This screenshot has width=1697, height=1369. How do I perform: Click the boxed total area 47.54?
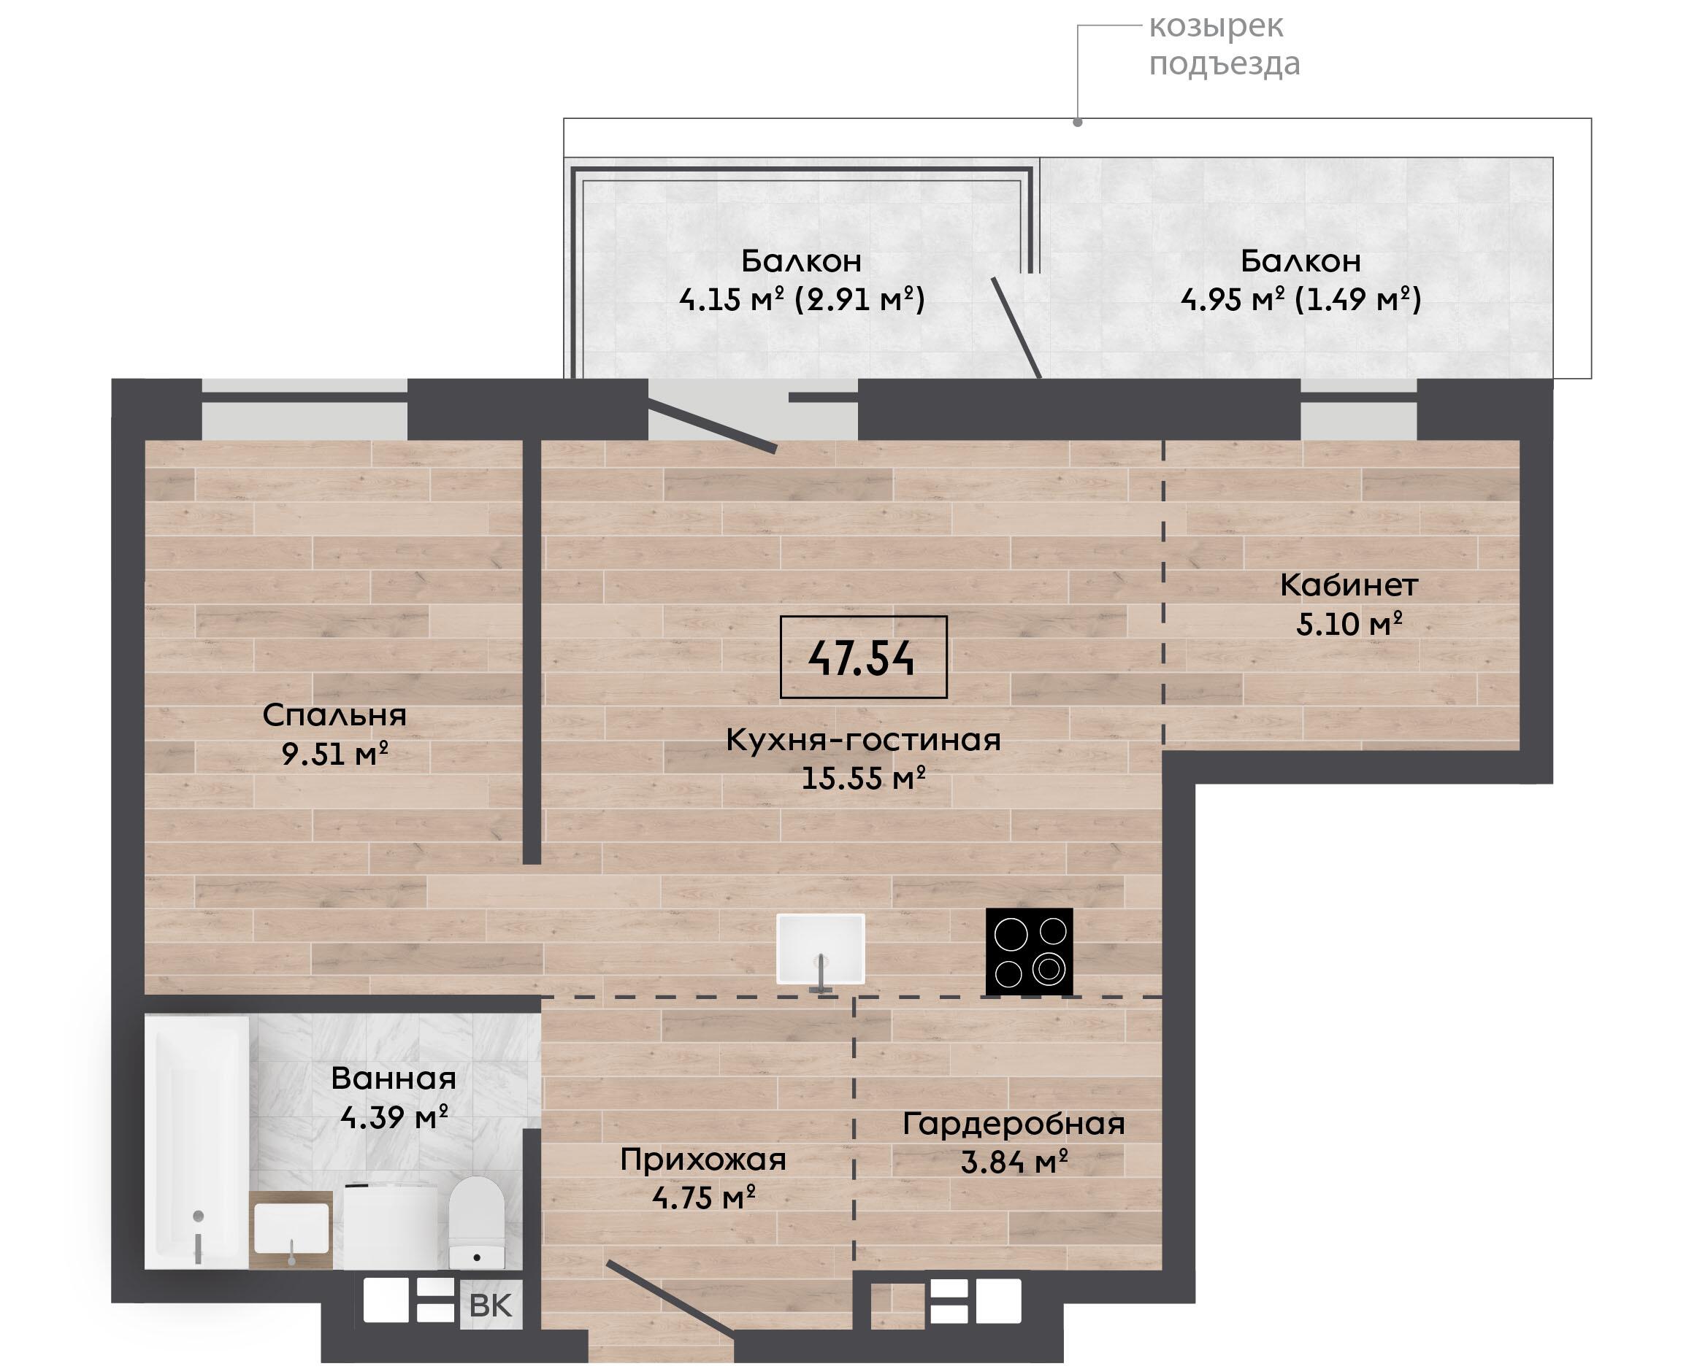click(x=862, y=657)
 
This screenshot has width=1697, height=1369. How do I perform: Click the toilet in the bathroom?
click(x=477, y=1222)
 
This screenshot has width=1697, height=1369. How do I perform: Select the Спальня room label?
click(x=334, y=715)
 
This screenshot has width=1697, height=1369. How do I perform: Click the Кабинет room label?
click(x=1349, y=585)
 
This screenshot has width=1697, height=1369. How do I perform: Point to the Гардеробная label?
click(x=1014, y=1124)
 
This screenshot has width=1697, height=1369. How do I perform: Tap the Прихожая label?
click(x=704, y=1160)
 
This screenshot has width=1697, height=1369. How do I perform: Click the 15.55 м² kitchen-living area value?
click(x=863, y=779)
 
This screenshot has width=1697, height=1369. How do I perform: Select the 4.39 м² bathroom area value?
click(x=394, y=1117)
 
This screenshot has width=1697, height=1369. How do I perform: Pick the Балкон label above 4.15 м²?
click(x=802, y=261)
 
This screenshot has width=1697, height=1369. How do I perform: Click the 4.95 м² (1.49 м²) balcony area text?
click(x=1301, y=300)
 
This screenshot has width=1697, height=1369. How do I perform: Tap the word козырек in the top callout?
click(x=1216, y=26)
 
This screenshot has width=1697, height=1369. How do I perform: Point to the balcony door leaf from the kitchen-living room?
click(x=713, y=426)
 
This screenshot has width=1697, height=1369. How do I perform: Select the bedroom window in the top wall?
click(x=304, y=409)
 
